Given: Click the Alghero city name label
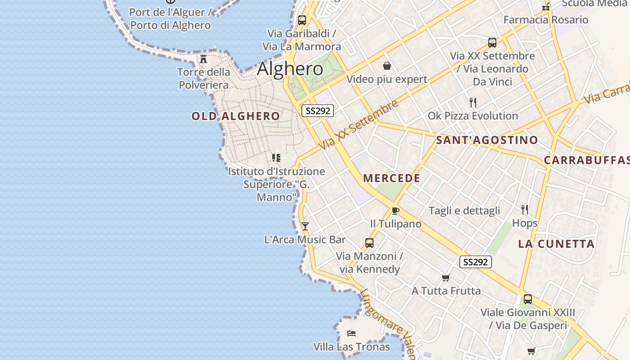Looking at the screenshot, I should pyautogui.click(x=290, y=69).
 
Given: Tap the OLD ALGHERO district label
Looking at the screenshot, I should pyautogui.click(x=236, y=116).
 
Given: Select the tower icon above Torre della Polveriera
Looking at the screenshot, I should pyautogui.click(x=203, y=58).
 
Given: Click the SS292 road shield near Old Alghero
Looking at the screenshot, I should pyautogui.click(x=318, y=111).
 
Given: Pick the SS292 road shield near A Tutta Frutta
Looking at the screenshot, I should pyautogui.click(x=476, y=262).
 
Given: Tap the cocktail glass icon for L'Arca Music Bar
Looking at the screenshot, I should pyautogui.click(x=305, y=226).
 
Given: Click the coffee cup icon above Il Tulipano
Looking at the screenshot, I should pyautogui.click(x=396, y=210).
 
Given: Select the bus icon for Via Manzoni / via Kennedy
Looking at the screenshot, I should pyautogui.click(x=369, y=243).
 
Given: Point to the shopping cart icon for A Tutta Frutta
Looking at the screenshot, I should pyautogui.click(x=445, y=278).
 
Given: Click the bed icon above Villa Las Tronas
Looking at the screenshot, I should pyautogui.click(x=351, y=333).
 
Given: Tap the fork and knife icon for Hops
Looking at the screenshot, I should pyautogui.click(x=524, y=209).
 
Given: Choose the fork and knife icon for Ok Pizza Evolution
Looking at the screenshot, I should pyautogui.click(x=472, y=103).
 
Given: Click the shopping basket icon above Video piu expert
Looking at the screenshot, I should pyautogui.click(x=387, y=66).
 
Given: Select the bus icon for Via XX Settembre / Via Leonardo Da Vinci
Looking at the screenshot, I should pyautogui.click(x=492, y=43).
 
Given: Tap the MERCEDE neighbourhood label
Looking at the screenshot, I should pyautogui.click(x=391, y=178).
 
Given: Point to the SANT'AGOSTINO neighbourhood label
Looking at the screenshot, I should pyautogui.click(x=487, y=140).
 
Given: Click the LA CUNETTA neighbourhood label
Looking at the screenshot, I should pyautogui.click(x=556, y=244).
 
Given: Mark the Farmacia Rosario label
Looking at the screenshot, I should pyautogui.click(x=545, y=20).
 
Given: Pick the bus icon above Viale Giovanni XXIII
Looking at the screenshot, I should pyautogui.click(x=528, y=299).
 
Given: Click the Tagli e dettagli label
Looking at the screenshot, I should pyautogui.click(x=464, y=211).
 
